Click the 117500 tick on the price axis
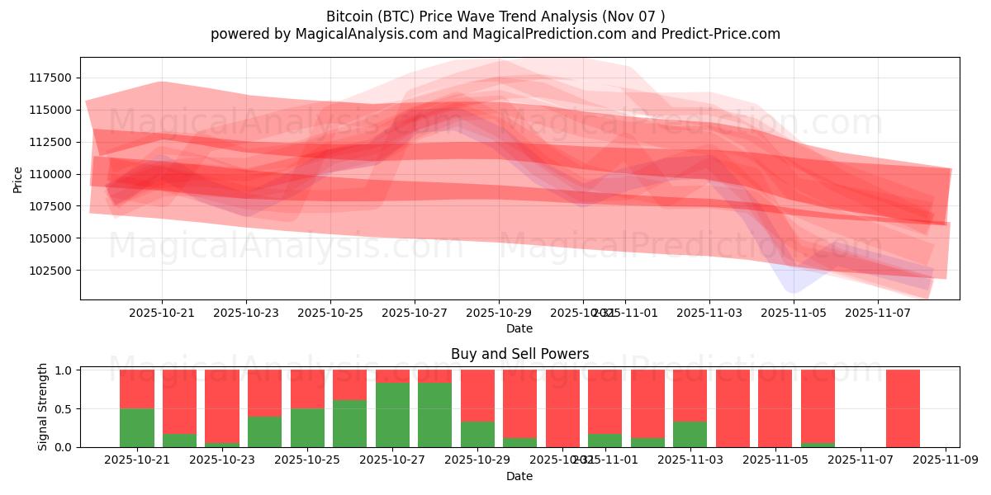click(50, 78)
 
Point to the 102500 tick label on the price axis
click(50, 271)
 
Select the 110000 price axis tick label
click(50, 174)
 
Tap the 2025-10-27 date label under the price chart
click(415, 313)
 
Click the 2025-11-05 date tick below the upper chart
click(794, 313)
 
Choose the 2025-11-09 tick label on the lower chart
click(946, 460)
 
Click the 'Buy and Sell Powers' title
click(519, 354)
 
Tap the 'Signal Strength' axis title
click(42, 407)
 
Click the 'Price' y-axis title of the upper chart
click(18, 178)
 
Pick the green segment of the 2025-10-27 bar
click(392, 415)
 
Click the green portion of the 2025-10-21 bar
click(137, 427)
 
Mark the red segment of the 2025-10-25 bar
click(307, 389)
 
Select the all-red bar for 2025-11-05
click(775, 408)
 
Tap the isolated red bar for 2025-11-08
click(903, 408)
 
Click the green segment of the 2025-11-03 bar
click(690, 434)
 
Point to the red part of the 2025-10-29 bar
click(477, 395)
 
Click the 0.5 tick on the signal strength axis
click(64, 409)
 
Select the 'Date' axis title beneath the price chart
click(519, 328)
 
